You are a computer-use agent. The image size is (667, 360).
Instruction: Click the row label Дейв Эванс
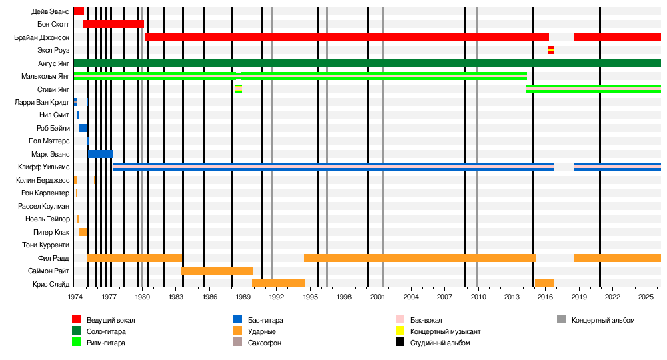(50, 11)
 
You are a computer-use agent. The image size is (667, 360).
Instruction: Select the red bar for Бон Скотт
(113, 24)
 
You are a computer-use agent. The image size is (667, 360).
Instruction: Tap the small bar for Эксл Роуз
(551, 50)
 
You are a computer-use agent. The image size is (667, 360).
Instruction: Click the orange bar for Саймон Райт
(217, 271)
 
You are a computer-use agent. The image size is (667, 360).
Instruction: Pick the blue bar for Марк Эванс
(100, 154)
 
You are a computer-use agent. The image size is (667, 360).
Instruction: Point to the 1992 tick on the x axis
(277, 296)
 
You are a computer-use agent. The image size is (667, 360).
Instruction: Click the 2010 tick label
(478, 296)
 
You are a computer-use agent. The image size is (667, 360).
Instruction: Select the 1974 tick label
(75, 296)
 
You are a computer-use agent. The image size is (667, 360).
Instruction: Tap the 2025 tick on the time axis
(646, 296)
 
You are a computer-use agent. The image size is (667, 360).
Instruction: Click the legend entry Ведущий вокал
(106, 321)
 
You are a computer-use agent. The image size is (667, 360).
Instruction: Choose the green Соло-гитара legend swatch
(77, 331)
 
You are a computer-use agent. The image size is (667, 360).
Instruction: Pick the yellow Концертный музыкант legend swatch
(400, 331)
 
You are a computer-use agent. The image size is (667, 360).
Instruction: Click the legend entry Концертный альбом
(603, 321)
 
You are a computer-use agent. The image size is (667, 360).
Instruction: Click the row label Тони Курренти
(45, 245)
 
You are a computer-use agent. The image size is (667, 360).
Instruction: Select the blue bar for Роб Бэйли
(83, 128)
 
